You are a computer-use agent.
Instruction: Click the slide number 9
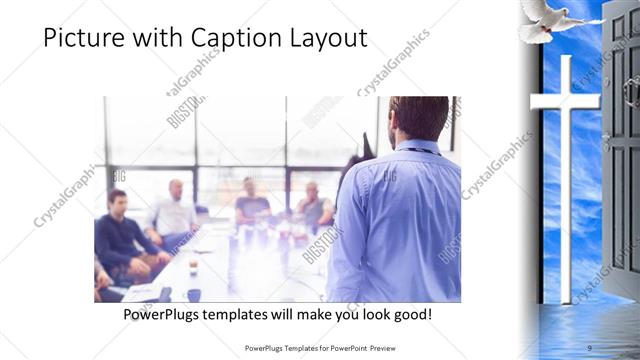coord(591,348)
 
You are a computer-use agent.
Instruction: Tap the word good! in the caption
coord(410,314)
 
